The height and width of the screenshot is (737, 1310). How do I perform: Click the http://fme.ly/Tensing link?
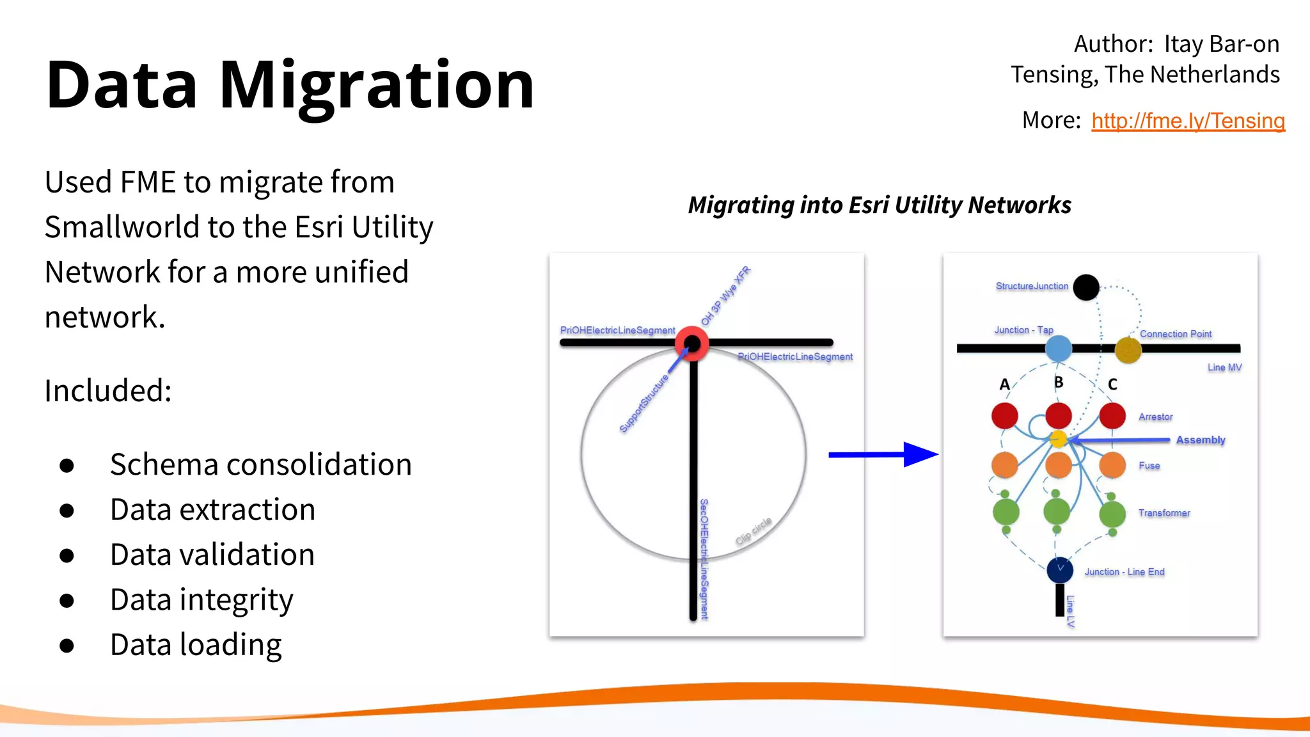1188,121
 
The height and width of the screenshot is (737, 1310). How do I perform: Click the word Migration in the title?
377,85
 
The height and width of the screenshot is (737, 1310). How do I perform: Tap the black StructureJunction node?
1085,287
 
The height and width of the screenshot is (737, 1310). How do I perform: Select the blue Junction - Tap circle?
1059,349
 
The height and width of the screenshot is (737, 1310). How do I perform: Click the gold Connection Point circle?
1128,350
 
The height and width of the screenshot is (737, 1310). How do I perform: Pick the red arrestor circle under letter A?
1005,416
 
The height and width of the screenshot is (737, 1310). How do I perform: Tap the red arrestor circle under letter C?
1112,416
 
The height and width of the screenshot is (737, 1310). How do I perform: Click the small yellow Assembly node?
1059,439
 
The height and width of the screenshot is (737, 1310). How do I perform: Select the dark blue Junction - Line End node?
1060,569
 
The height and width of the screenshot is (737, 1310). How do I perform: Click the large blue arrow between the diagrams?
883,455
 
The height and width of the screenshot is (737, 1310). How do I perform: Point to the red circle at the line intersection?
692,344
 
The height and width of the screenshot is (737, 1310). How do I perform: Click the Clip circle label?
754,531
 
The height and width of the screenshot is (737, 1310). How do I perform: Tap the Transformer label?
1164,513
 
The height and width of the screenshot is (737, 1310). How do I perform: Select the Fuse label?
1149,466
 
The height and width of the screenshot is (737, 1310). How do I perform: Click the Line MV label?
1224,367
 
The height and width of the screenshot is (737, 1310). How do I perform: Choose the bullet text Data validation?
212,555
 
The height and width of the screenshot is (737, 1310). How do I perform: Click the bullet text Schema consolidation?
260,464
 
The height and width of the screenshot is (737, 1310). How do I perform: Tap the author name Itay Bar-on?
1221,44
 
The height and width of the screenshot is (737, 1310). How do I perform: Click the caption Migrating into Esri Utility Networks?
880,205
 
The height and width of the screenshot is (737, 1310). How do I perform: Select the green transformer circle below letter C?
1112,513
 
